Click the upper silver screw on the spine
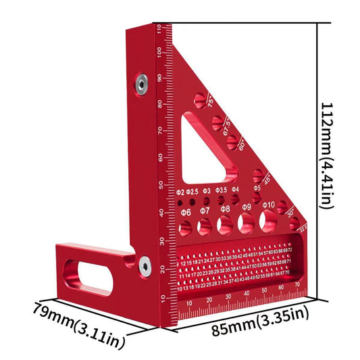[x=140, y=83]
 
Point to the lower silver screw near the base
[x=145, y=267]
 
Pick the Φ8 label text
[x=225, y=210]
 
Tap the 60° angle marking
[x=242, y=145]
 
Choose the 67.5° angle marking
[x=228, y=124]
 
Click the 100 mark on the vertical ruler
[x=159, y=52]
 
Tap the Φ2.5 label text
[x=192, y=192]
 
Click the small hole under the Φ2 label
[x=180, y=202]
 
